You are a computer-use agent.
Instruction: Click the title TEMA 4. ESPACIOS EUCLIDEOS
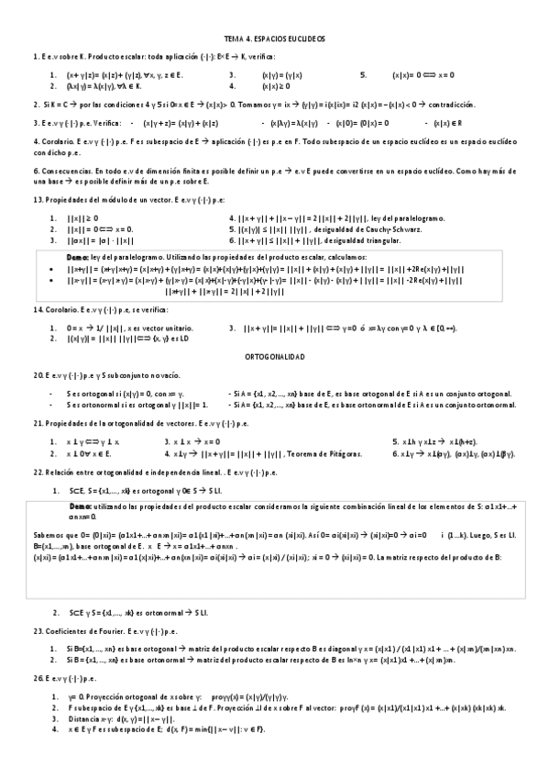coord(274,40)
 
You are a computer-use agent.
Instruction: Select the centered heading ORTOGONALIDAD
coord(274,354)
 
